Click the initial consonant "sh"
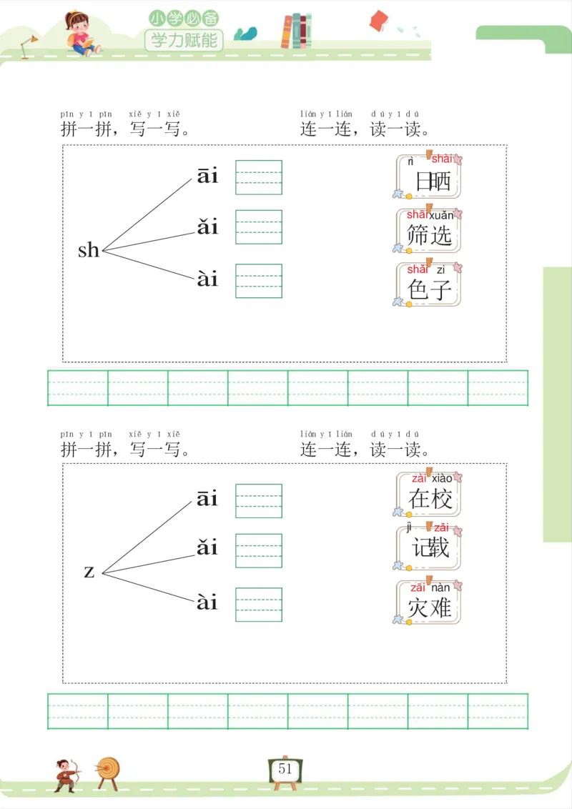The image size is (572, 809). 89,250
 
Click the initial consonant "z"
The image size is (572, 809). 89,572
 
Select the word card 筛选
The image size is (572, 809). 428,231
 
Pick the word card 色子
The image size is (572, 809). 428,285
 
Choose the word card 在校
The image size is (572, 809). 428,494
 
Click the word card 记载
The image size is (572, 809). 428,548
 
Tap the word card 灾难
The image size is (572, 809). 428,602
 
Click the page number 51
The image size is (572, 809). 285,769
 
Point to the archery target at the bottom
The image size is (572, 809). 109,770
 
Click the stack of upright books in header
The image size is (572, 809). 296,31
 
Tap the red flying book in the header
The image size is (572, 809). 378,21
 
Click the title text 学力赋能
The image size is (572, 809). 184,39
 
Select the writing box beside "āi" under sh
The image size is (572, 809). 259,177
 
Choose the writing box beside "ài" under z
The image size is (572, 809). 259,605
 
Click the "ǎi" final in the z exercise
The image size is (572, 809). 207,549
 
